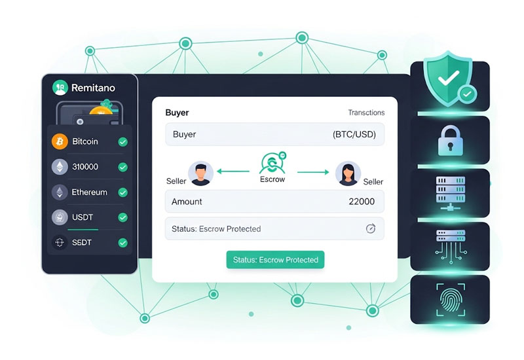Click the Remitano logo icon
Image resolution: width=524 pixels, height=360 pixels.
(x=60, y=88)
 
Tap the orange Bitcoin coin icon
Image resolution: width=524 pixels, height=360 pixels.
(x=60, y=141)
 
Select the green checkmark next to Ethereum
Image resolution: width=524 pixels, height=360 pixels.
(x=122, y=192)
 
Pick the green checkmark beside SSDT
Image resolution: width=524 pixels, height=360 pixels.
(x=122, y=243)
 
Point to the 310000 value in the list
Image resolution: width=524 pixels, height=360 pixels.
(x=85, y=167)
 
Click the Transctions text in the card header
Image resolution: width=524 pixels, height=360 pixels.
(x=366, y=113)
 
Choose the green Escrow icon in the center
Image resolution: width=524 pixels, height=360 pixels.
(x=272, y=162)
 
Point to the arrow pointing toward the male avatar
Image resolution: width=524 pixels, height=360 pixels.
(x=233, y=172)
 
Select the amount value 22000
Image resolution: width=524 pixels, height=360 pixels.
(x=362, y=202)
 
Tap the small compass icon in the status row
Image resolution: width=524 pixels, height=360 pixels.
(x=371, y=228)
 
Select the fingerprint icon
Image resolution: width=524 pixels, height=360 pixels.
(x=450, y=299)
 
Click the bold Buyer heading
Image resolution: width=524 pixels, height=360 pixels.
(x=177, y=113)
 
